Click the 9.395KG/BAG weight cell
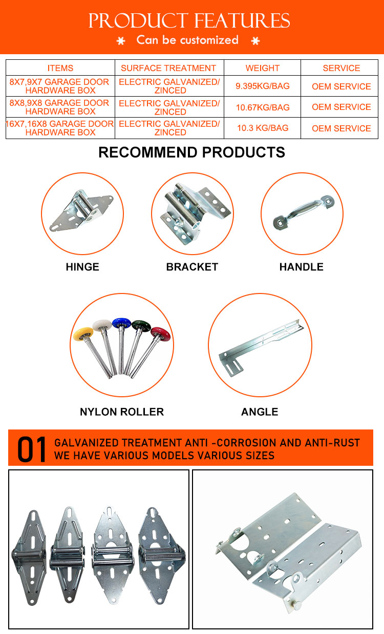click(263, 86)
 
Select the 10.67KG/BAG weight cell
click(263, 107)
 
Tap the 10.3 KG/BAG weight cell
click(263, 128)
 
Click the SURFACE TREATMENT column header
click(168, 68)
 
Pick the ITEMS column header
click(60, 68)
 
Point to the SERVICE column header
click(342, 68)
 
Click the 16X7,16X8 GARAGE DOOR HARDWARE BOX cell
click(61, 128)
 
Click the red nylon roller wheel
click(160, 334)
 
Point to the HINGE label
click(82, 267)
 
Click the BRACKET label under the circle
click(192, 267)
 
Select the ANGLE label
click(260, 412)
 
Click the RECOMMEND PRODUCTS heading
click(191, 152)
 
